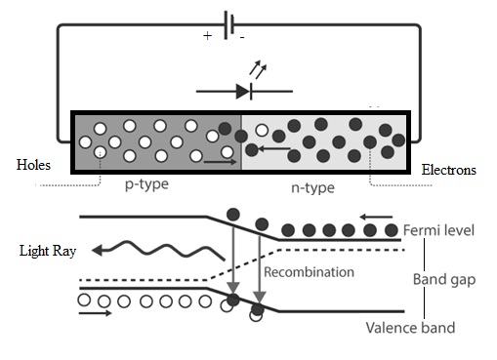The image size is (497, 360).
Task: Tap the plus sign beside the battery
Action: (x=208, y=35)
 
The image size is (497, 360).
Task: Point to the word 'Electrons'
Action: (x=448, y=170)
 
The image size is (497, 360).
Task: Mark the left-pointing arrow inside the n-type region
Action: (x=275, y=149)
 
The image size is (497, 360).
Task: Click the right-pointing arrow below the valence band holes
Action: (x=95, y=315)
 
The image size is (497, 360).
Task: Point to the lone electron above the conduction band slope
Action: (x=232, y=214)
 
